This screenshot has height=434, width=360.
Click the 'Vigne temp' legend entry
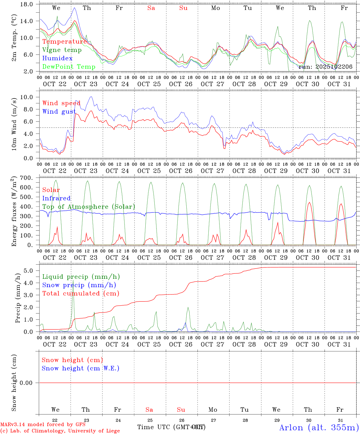[62, 50]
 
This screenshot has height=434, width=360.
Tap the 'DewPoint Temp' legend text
[69, 67]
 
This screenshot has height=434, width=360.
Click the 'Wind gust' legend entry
[59, 112]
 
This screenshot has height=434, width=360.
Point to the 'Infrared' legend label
[56, 198]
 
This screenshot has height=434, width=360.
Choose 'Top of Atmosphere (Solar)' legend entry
[89, 207]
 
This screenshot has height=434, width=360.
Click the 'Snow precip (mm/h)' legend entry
[79, 285]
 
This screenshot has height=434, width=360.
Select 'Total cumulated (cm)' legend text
[81, 294]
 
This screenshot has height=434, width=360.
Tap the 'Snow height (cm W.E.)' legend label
[81, 368]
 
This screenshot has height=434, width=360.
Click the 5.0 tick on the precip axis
[30, 271]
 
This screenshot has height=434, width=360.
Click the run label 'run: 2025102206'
[325, 67]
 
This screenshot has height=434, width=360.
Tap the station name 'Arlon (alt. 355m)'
[319, 427]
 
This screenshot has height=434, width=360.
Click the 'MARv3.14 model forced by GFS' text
[43, 425]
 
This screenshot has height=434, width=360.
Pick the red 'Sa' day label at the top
[151, 8]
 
